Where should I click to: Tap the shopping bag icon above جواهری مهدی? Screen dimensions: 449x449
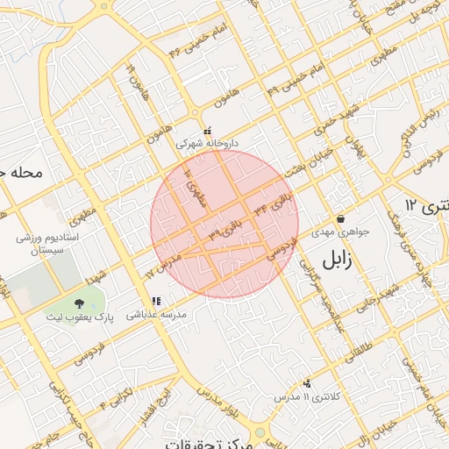(340, 219)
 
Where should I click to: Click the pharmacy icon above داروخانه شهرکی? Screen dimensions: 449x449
(207, 130)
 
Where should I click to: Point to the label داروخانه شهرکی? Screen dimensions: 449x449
(207, 142)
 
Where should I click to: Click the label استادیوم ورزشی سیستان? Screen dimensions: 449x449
(47, 244)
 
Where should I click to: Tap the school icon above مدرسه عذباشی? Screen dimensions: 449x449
(157, 301)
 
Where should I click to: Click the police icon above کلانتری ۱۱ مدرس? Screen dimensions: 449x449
(307, 383)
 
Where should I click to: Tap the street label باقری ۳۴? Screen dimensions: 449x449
(273, 209)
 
